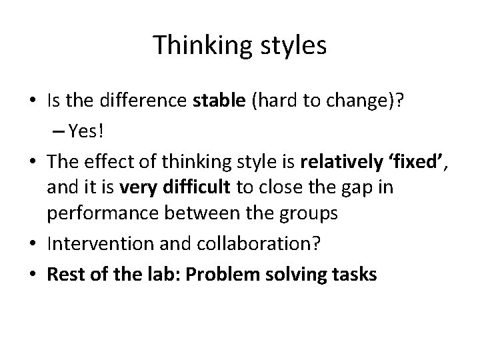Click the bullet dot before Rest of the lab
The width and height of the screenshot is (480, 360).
(x=37, y=274)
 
